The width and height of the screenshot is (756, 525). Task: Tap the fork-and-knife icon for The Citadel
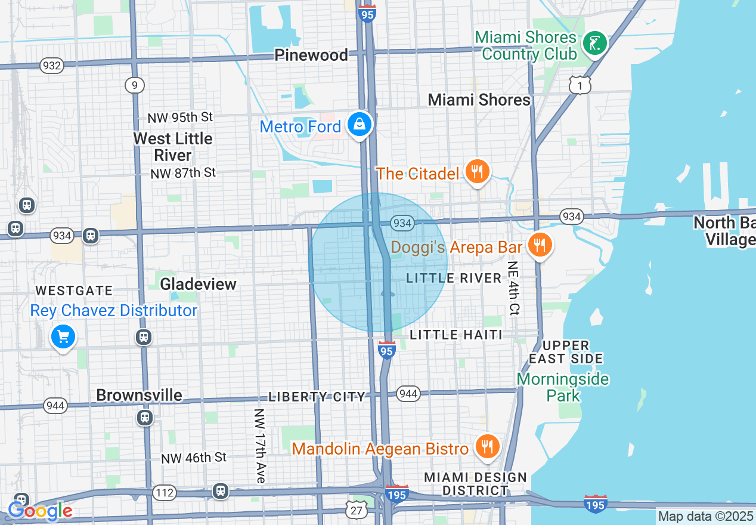(476, 172)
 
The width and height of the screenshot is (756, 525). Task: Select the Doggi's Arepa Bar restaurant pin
(540, 245)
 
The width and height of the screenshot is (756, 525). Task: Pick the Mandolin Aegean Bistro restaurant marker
(487, 447)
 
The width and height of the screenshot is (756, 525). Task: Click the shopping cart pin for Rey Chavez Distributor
(63, 338)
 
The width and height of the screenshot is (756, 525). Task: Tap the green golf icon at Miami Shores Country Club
(594, 44)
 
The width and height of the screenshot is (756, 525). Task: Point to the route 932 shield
(52, 66)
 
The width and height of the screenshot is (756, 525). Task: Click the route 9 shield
(135, 85)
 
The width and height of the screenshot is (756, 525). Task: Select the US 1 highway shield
(580, 85)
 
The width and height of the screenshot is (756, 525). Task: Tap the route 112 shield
(164, 493)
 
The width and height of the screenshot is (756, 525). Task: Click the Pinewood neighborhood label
(311, 55)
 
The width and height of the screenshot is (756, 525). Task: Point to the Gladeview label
(199, 284)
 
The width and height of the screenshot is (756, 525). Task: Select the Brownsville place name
(139, 395)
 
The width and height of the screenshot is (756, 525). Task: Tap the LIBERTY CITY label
(317, 397)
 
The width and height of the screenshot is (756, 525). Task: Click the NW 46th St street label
(194, 458)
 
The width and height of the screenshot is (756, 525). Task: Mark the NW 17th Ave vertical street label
(259, 446)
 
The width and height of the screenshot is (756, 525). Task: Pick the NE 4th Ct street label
(513, 288)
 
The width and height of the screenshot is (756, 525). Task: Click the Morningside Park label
(563, 387)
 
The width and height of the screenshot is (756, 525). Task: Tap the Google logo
(41, 511)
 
